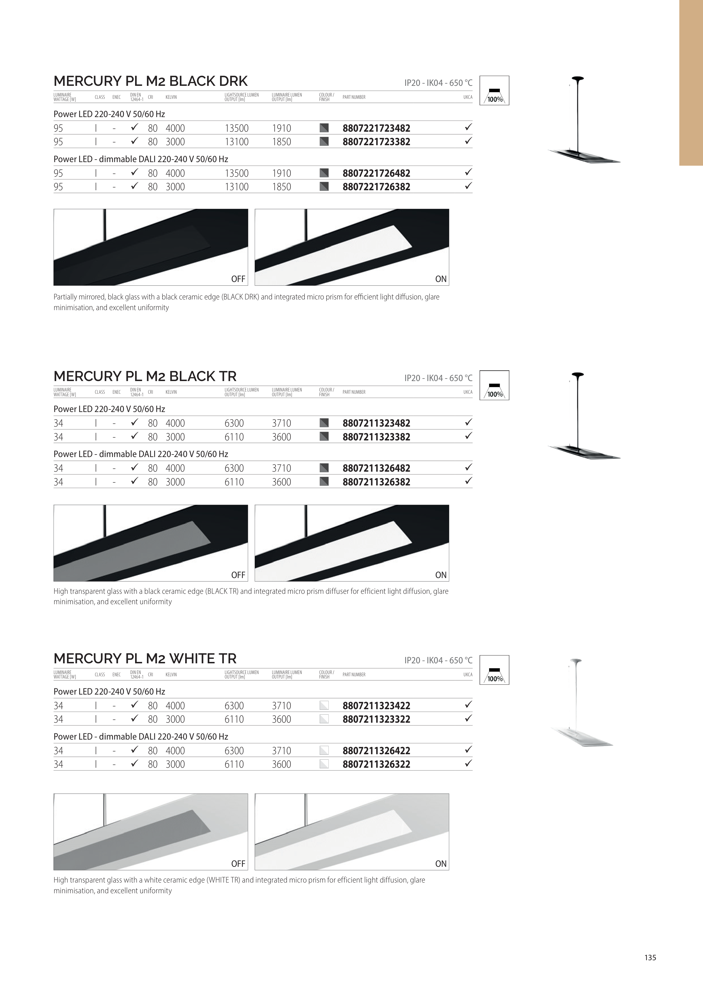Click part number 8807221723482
coord(376,128)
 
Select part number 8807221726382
coord(376,187)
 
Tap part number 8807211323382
coord(376,437)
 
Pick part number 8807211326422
coord(376,751)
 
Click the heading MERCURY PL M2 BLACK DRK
coord(151,81)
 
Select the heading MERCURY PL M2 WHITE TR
coord(145,659)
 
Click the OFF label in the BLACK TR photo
coord(238,575)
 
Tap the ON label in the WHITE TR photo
coord(441,864)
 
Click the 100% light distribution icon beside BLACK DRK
coord(494,91)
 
